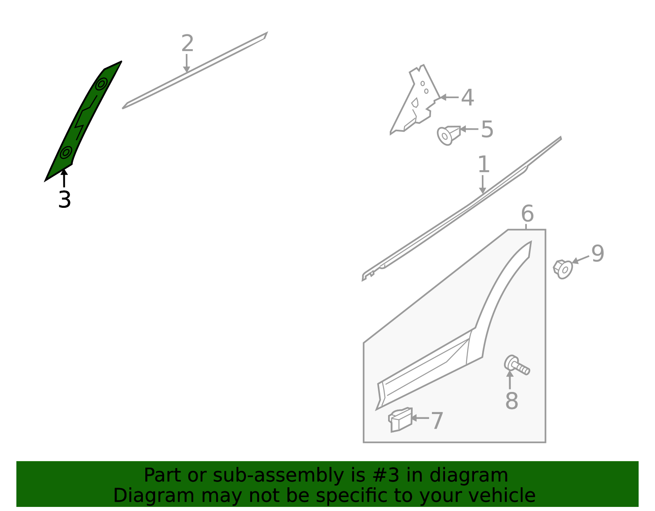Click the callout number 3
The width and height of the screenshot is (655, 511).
click(65, 199)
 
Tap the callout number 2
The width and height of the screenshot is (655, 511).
click(187, 44)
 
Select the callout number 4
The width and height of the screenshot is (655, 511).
click(468, 98)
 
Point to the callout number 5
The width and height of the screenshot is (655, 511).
click(487, 129)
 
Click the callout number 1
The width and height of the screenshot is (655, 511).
click(483, 164)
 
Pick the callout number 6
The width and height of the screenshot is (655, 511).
click(527, 214)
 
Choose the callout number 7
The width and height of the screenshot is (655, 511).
click(437, 421)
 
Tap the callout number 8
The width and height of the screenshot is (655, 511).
click(512, 401)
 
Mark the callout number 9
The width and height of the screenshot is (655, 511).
click(598, 254)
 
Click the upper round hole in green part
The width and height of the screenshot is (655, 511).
click(101, 84)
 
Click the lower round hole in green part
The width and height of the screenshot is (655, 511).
click(65, 153)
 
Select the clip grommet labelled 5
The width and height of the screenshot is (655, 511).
click(448, 135)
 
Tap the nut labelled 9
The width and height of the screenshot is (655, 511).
click(563, 269)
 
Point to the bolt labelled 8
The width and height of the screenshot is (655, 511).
click(517, 365)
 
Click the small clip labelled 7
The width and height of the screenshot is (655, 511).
click(400, 420)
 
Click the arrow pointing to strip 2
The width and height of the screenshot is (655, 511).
click(187, 64)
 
